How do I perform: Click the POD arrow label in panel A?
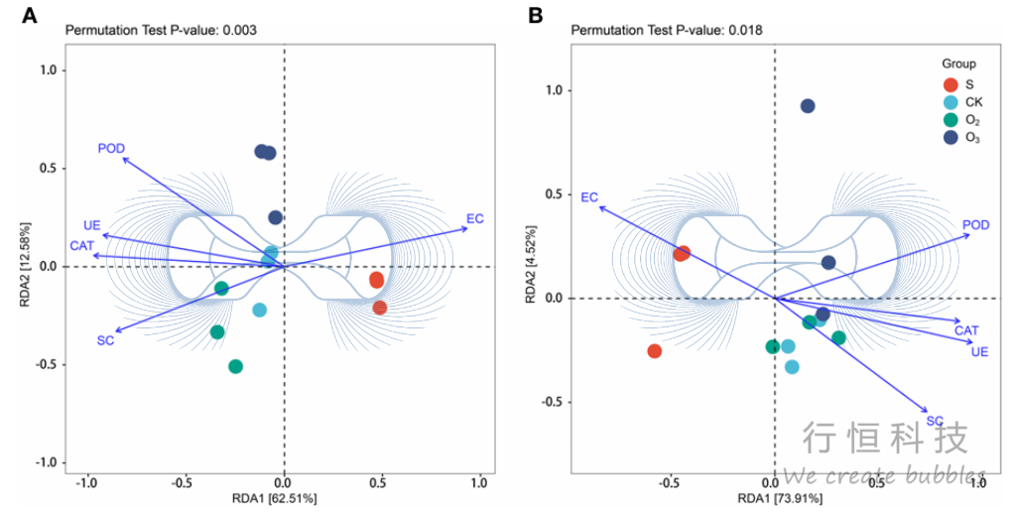point(111,149)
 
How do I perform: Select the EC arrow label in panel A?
point(475,219)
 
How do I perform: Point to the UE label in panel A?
point(92,225)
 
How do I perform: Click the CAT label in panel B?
point(966,330)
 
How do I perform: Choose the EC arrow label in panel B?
point(589,197)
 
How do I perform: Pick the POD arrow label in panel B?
point(976,225)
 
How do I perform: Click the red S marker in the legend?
point(951,84)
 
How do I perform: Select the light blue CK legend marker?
point(951,102)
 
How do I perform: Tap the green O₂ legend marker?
point(951,120)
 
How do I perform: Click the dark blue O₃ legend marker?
point(951,138)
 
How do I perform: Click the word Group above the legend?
point(958,64)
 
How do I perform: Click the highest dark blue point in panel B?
point(808,106)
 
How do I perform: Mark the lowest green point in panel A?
point(236,366)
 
